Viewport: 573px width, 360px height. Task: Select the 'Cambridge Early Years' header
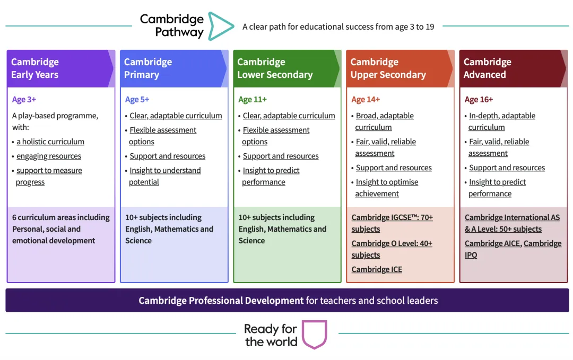(35, 68)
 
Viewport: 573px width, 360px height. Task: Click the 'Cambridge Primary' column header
(148, 68)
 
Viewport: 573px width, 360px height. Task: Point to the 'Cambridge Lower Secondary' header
(275, 68)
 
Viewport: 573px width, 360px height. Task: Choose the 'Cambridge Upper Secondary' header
(388, 68)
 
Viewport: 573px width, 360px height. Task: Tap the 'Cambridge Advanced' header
(488, 68)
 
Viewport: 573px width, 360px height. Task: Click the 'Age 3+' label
(24, 99)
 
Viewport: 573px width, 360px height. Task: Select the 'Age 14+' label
(366, 99)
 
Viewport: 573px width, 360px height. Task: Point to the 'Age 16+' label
(479, 99)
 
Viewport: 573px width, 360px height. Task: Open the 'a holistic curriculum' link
(50, 142)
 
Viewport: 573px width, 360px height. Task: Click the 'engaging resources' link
(49, 156)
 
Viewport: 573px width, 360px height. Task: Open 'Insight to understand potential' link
(165, 177)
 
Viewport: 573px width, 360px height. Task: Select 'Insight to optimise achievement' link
(387, 188)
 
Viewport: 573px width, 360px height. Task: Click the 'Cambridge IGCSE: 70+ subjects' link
(392, 223)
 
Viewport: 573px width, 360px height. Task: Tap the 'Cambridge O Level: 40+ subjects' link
(392, 249)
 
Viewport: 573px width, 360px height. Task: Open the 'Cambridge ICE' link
(377, 269)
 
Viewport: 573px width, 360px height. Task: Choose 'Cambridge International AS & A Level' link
(512, 223)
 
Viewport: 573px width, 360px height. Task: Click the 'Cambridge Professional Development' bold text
(221, 301)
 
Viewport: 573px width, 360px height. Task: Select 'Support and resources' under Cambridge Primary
(167, 156)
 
